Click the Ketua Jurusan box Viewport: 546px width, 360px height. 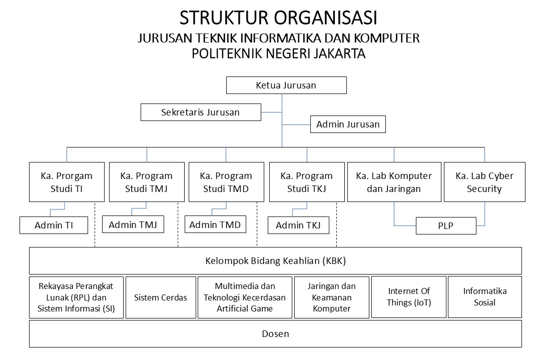click(x=286, y=85)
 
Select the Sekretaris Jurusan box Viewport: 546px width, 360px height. click(x=201, y=112)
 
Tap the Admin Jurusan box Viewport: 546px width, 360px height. click(x=348, y=124)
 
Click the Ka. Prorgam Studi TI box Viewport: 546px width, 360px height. click(x=67, y=182)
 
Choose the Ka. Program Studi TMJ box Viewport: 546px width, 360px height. click(x=147, y=182)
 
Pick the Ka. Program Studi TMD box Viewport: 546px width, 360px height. click(x=226, y=182)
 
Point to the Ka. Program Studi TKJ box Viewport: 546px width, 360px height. click(x=307, y=182)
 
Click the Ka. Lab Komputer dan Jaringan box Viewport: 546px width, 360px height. click(x=394, y=182)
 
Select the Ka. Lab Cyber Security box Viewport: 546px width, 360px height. click(x=485, y=182)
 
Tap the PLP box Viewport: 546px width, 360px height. click(x=446, y=225)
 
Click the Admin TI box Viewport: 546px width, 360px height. click(x=54, y=225)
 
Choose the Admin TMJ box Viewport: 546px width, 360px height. click(x=133, y=224)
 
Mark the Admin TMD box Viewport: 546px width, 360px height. click(x=215, y=224)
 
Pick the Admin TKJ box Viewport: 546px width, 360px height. click(x=298, y=225)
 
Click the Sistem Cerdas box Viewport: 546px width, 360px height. click(x=161, y=297)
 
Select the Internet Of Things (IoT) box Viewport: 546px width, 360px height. click(x=409, y=297)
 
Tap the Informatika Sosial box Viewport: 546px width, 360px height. click(x=485, y=297)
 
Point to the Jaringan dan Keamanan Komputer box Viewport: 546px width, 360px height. click(x=332, y=297)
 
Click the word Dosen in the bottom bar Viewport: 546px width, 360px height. click(x=275, y=334)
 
